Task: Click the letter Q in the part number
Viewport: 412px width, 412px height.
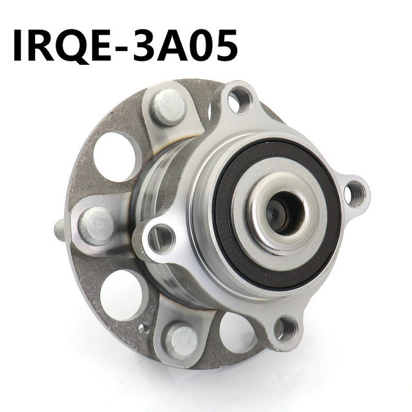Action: point(73,45)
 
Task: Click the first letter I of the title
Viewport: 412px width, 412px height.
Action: point(19,45)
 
